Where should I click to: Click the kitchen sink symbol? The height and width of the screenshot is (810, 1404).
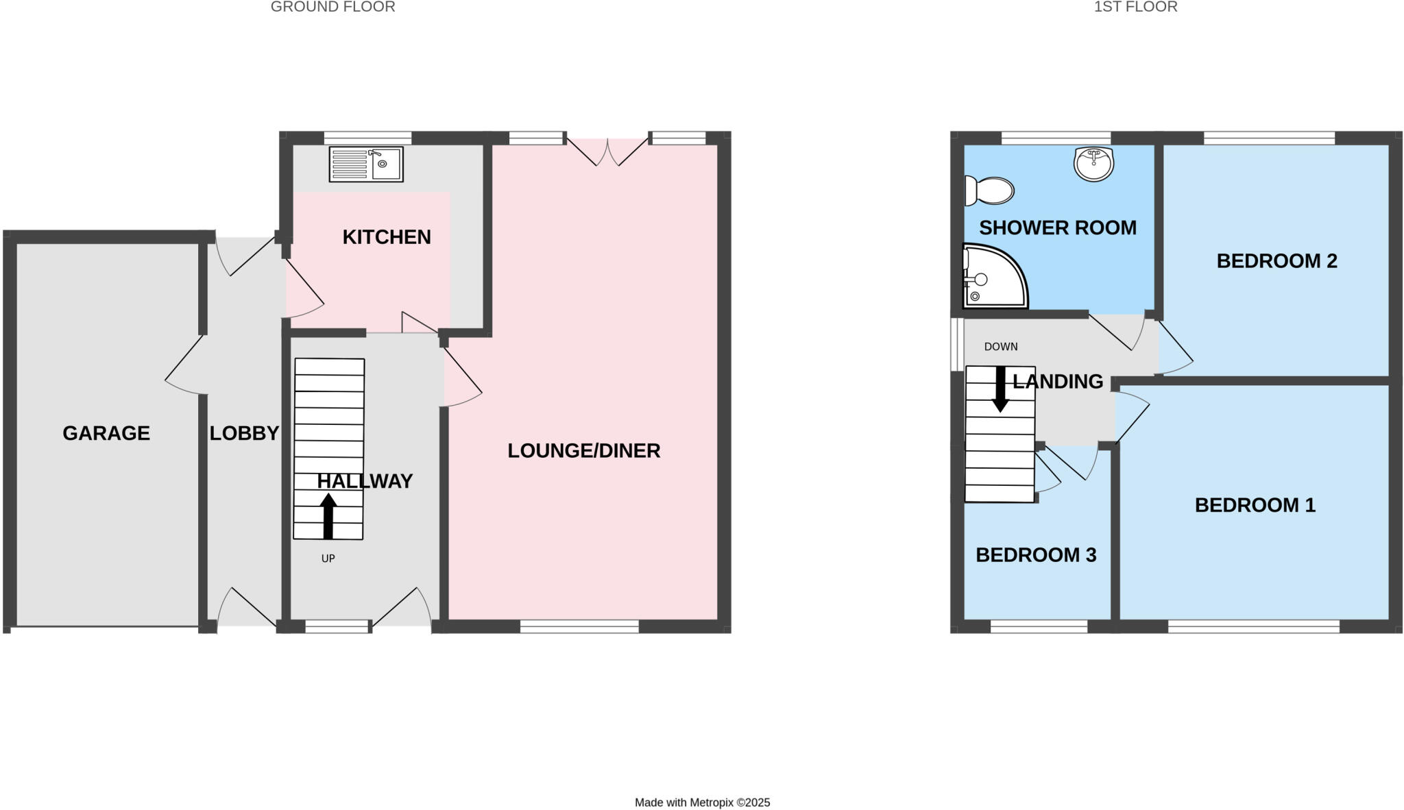(x=366, y=164)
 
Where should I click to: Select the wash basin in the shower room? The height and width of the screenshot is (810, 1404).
(x=1093, y=164)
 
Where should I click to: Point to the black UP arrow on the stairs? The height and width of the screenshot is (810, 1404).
(x=328, y=515)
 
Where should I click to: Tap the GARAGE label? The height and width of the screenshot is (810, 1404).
(x=106, y=433)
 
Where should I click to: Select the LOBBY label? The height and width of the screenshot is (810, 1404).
(x=244, y=433)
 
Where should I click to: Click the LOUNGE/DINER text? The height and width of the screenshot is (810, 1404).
(x=583, y=450)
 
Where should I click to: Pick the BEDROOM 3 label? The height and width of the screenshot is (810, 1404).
(x=1035, y=554)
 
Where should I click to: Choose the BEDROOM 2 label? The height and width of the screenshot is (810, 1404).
(x=1276, y=260)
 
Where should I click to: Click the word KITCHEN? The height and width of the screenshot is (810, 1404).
(x=387, y=236)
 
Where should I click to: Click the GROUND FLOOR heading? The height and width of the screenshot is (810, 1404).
(x=332, y=7)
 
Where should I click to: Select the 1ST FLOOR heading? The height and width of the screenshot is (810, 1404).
(x=1135, y=7)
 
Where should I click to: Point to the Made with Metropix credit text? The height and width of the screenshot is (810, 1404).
(x=702, y=802)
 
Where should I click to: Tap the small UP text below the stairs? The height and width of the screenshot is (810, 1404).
(x=328, y=559)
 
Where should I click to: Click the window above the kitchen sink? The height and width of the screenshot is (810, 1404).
(x=367, y=138)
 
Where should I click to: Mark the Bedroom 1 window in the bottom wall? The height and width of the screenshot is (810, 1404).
(x=1253, y=626)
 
